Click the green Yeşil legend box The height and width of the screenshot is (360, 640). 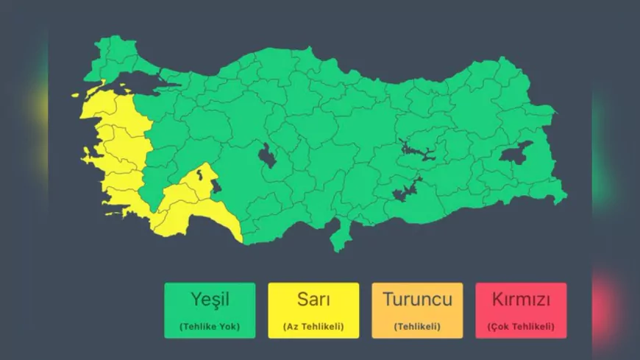[210, 310]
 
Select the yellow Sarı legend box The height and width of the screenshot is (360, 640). [313, 310]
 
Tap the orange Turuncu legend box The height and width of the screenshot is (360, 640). [417, 310]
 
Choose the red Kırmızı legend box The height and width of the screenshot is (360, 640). [521, 310]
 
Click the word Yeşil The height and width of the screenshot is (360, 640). [210, 300]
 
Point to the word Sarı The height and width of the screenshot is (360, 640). [313, 300]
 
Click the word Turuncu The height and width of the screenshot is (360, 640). [417, 300]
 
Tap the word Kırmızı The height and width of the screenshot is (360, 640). [521, 300]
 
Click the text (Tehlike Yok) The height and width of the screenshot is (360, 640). [210, 326]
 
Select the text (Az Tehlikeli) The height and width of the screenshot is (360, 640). [313, 326]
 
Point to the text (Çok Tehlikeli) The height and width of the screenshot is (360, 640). [521, 326]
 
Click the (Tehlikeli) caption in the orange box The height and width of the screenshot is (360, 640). [417, 326]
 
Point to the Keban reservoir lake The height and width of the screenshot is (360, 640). [416, 151]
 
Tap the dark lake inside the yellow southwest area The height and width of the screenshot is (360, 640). [216, 187]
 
